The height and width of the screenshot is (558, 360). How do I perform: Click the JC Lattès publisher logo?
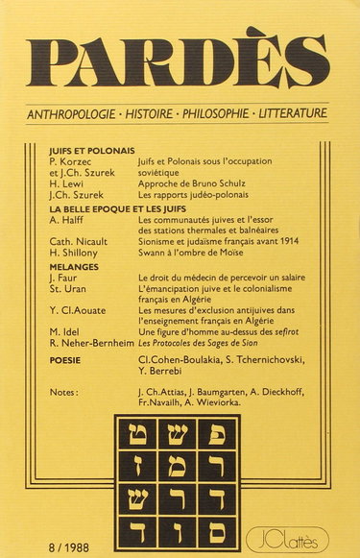pyautogui.click(x=298, y=528)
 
